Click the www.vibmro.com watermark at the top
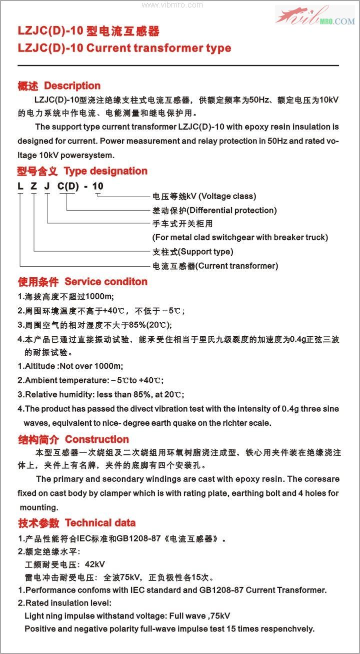172,5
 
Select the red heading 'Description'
72,86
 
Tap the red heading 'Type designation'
105,171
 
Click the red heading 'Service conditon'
106,281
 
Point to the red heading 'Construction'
97,439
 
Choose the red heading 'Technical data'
100,523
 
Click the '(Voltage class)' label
227,196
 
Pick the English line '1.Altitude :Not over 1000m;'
70,366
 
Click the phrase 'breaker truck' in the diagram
303,237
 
